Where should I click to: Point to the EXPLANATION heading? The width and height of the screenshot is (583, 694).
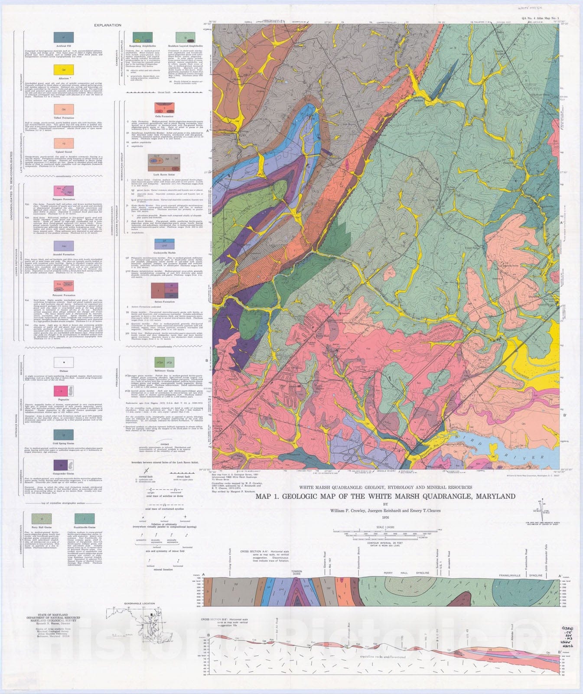coord(107,25)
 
